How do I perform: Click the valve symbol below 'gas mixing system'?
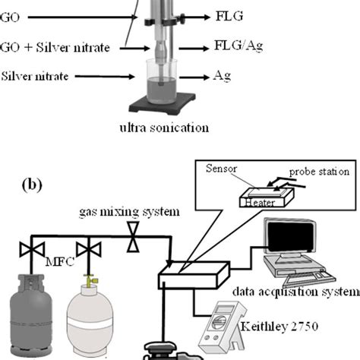(x=133, y=241)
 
